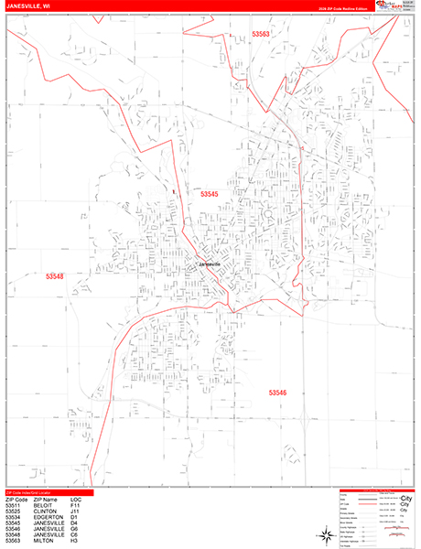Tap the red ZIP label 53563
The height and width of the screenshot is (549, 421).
coord(262,34)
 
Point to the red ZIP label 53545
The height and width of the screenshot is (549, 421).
coord(210,194)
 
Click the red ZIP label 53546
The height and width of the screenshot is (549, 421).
coord(278,392)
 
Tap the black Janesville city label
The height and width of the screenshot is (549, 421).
coord(210,265)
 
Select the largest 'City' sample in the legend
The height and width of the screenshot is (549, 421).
coord(406,507)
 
